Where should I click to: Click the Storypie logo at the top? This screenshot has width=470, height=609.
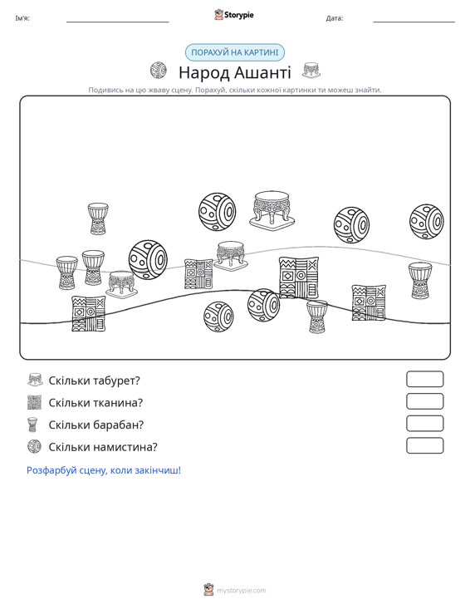234,15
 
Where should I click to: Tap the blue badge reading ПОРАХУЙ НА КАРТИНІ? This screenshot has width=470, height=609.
235,52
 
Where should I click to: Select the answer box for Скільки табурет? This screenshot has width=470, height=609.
424,379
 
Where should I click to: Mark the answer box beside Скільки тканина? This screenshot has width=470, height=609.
424,401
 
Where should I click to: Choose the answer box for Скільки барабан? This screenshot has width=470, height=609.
424,424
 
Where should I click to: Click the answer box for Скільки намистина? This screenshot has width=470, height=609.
424,445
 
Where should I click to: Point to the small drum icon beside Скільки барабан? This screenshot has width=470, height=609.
32,425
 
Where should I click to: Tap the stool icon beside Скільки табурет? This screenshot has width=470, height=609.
35,380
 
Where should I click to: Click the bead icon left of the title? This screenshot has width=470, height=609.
159,71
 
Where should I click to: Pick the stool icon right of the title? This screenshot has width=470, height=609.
311,71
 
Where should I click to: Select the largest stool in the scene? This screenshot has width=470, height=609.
272,209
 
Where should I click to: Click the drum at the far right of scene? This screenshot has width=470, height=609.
420,280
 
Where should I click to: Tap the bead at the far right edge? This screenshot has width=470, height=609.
427,221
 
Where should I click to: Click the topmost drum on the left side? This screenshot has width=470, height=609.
98,219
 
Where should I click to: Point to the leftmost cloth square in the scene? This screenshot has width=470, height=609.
89,314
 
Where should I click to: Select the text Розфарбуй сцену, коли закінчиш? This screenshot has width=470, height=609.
104,470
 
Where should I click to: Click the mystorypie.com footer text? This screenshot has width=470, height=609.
241,591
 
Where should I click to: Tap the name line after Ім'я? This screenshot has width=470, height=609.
118,22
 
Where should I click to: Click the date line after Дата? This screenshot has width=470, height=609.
414,22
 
